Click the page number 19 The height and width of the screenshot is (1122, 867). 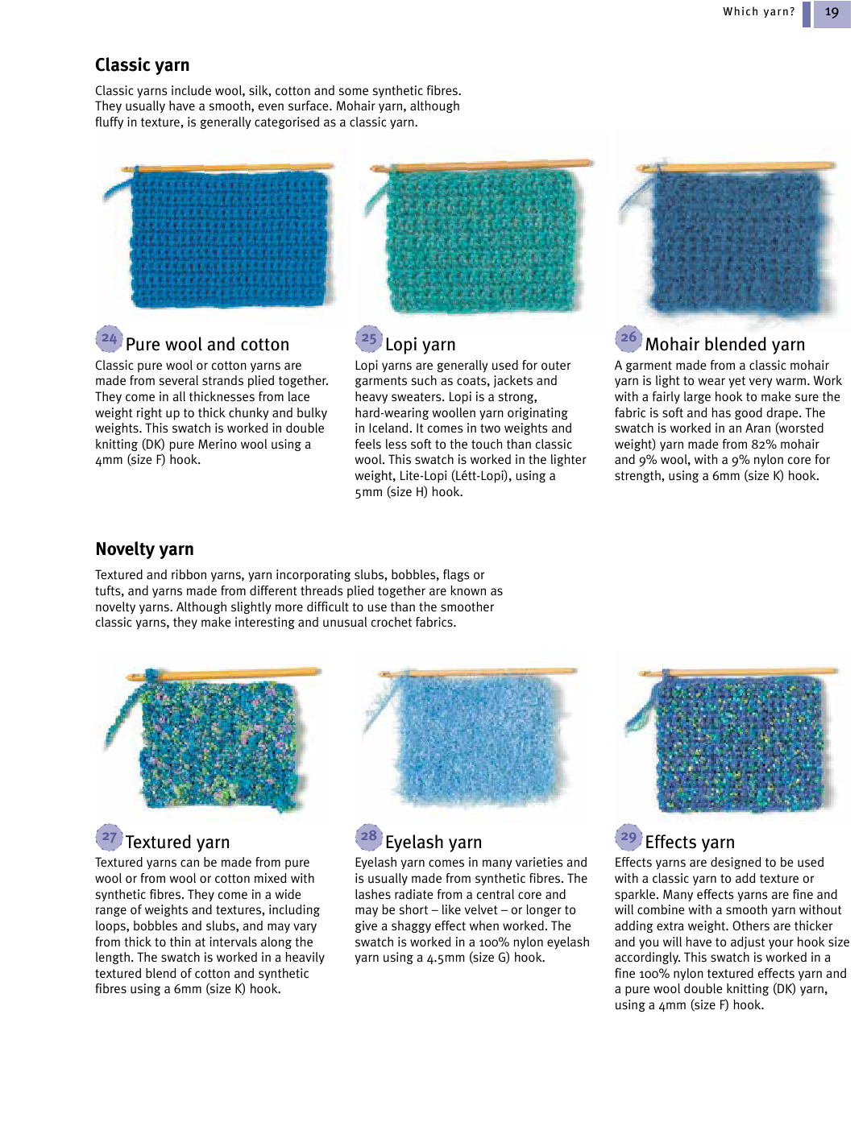pyautogui.click(x=832, y=13)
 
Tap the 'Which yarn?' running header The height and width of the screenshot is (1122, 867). pyautogui.click(x=758, y=12)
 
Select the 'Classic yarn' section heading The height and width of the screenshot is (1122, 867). pyautogui.click(x=143, y=65)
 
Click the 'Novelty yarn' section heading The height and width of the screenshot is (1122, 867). pyautogui.click(x=144, y=549)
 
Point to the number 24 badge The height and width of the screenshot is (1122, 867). pyautogui.click(x=109, y=339)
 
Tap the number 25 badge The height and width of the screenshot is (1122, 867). pyautogui.click(x=368, y=339)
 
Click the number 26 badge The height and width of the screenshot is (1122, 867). pyautogui.click(x=628, y=338)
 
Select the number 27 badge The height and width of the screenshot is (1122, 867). pyautogui.click(x=109, y=837)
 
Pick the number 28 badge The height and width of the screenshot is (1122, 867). pyautogui.click(x=368, y=837)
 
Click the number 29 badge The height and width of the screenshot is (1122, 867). pyautogui.click(x=628, y=837)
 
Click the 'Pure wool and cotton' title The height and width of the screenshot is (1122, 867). pyautogui.click(x=207, y=345)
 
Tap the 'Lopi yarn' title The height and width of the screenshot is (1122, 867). pyautogui.click(x=420, y=345)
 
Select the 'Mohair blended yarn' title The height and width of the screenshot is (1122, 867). pyautogui.click(x=724, y=345)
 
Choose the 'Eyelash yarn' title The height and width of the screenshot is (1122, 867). pyautogui.click(x=433, y=843)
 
